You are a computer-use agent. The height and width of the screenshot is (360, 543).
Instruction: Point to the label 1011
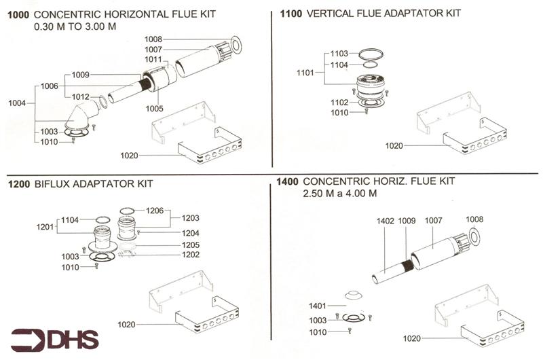point(153,60)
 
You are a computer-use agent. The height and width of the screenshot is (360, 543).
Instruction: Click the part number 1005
point(155,107)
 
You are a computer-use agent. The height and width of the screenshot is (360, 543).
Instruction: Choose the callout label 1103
point(339,54)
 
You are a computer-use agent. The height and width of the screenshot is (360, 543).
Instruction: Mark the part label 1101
point(305,72)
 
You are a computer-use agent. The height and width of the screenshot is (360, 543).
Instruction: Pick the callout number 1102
point(339,103)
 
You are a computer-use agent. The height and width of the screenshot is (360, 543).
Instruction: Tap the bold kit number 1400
point(288,182)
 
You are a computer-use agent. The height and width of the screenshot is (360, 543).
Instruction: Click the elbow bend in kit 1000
point(82,116)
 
